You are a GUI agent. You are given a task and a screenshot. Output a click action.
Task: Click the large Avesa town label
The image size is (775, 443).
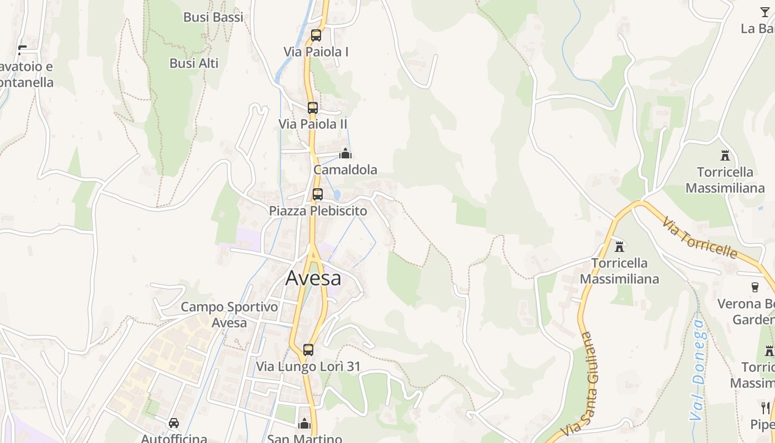click(313, 278)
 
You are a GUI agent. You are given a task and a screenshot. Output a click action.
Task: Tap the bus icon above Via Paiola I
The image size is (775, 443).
click(316, 35)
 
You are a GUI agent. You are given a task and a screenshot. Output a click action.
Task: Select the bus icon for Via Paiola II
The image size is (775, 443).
click(313, 107)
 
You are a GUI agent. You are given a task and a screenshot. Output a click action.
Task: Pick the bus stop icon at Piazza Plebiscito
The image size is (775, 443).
click(317, 194)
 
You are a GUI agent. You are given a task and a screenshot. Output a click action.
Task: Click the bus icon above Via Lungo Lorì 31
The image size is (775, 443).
click(308, 350)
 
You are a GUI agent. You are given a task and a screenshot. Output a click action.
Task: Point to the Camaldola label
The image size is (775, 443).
click(345, 170)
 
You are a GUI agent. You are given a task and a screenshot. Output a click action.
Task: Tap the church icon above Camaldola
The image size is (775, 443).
click(345, 153)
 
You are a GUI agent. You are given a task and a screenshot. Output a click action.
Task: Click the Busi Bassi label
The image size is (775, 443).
click(213, 17)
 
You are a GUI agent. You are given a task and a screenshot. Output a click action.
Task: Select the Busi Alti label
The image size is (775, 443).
click(194, 63)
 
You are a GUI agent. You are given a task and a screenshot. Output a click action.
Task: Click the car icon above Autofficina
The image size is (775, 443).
click(174, 423)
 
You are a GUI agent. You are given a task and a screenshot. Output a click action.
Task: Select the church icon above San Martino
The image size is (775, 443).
click(304, 424)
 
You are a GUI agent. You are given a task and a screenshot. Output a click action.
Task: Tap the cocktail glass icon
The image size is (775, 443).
click(764, 12)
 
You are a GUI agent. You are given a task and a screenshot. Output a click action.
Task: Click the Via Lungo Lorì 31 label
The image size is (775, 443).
click(308, 367)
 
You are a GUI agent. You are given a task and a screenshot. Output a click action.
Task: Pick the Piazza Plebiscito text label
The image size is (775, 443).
click(318, 211)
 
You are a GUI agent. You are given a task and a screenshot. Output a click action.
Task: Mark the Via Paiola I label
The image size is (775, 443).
click(316, 52)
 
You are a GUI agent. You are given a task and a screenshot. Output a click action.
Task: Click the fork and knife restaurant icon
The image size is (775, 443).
click(766, 408)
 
